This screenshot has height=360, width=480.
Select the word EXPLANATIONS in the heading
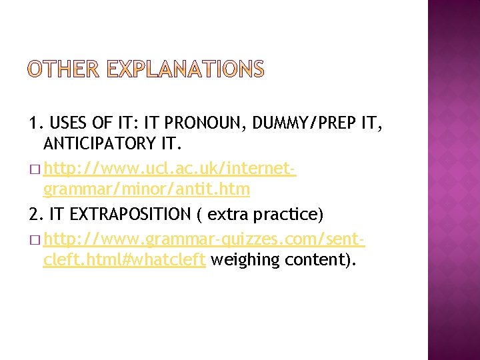point(185,69)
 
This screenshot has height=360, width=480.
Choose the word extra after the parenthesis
point(229,214)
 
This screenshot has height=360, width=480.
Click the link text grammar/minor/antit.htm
point(146,190)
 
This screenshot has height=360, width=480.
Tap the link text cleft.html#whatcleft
point(124,259)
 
